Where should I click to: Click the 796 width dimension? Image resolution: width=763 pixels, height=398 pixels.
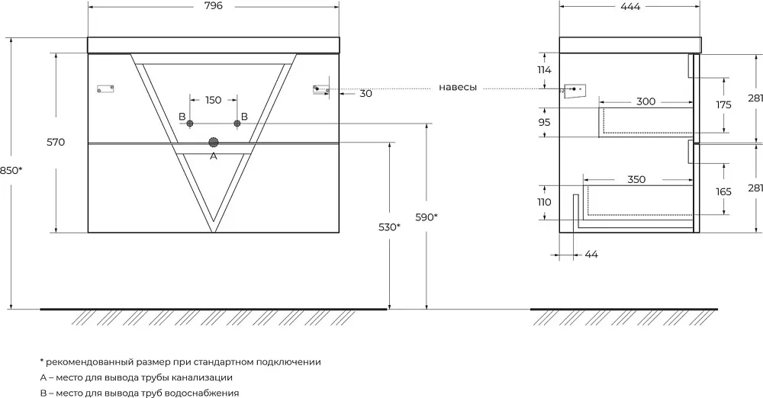pyautogui.click(x=213, y=6)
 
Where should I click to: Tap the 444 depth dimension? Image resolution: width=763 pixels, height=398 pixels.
pyautogui.click(x=631, y=6)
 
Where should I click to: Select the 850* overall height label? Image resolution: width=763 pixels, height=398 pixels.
pyautogui.click(x=11, y=171)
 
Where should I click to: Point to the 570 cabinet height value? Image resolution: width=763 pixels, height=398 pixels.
pyautogui.click(x=56, y=143)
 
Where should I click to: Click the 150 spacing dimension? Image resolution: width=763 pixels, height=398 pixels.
pyautogui.click(x=213, y=100)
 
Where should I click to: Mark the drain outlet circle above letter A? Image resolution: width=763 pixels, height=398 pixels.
pyautogui.click(x=214, y=143)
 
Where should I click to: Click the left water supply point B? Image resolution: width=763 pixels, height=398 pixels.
pyautogui.click(x=190, y=124)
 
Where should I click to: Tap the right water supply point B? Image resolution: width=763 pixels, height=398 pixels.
pyautogui.click(x=237, y=124)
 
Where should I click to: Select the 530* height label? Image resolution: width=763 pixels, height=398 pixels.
pyautogui.click(x=389, y=226)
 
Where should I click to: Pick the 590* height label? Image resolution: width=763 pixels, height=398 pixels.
pyautogui.click(x=427, y=217)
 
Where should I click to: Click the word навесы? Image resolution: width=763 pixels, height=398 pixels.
pyautogui.click(x=458, y=88)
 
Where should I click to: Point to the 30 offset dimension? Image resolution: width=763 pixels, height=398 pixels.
pyautogui.click(x=366, y=94)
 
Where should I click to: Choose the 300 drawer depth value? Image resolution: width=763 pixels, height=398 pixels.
pyautogui.click(x=645, y=101)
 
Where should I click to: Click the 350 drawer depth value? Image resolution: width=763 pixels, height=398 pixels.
pyautogui.click(x=636, y=179)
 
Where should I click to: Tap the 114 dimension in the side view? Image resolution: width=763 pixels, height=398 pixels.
pyautogui.click(x=545, y=70)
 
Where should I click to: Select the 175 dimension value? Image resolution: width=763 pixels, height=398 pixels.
pyautogui.click(x=723, y=105)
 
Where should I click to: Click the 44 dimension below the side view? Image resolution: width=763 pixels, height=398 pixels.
pyautogui.click(x=591, y=255)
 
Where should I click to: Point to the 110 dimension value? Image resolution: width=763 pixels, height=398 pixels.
pyautogui.click(x=545, y=202)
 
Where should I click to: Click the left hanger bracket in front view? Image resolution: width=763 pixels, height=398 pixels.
pyautogui.click(x=105, y=88)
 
